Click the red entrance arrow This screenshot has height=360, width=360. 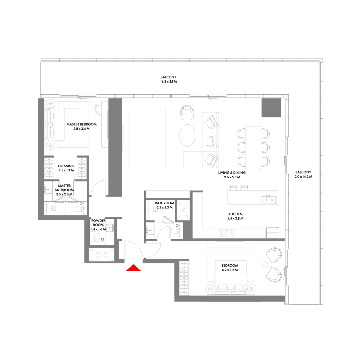pos(133,268)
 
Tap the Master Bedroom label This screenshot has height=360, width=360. pos(82,124)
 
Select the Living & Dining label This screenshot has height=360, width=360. pos(232,173)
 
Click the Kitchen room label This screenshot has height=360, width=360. pos(235,214)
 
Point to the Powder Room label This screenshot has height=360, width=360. pos(98,223)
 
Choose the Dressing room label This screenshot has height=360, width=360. pos(66,166)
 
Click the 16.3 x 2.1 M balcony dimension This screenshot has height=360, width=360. pos(169,82)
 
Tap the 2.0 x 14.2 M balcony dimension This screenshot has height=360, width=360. pos(303,177)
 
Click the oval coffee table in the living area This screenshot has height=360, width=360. pos(187,136)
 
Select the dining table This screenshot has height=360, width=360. pos(253,147)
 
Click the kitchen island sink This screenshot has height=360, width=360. pos(269,199)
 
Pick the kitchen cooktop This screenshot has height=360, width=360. pos(226,233)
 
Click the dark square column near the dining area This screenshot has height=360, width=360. pos(271,108)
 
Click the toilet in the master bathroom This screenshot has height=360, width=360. pos(79,209)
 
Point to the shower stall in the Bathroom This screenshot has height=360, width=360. pos(183,210)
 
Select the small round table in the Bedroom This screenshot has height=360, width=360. pos(265,265)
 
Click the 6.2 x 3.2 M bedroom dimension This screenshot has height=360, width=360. pos(230,270)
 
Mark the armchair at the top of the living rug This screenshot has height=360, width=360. pos(187,112)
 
